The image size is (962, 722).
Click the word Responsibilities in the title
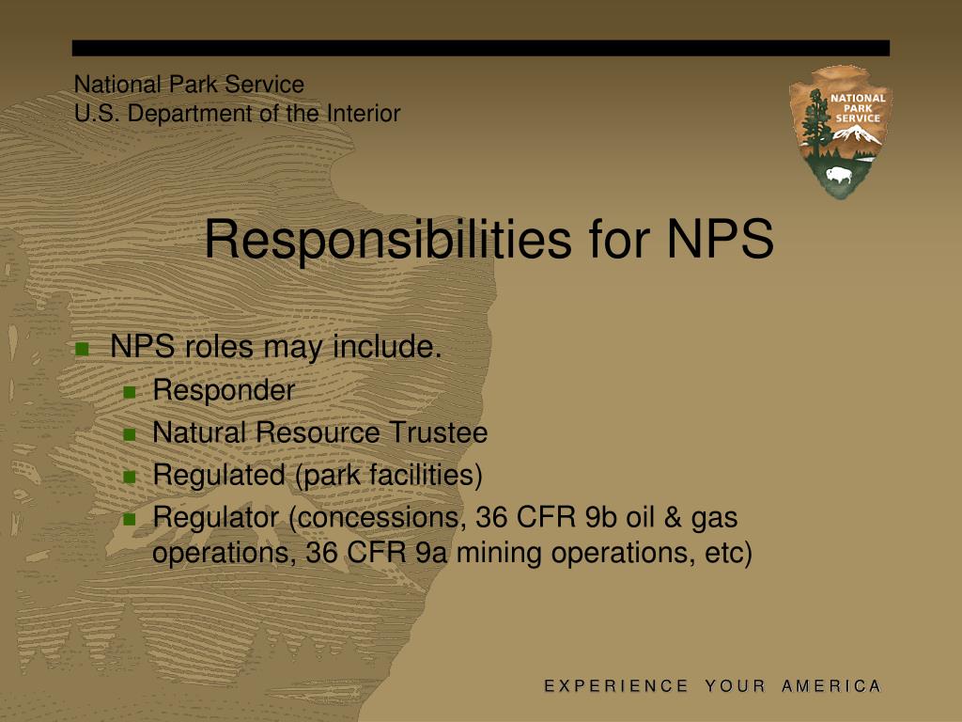[387, 239]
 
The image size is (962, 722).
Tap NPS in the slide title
[721, 239]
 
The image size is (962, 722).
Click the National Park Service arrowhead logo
[840, 131]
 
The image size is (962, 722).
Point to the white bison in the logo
[836, 175]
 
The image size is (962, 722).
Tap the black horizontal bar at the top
[481, 48]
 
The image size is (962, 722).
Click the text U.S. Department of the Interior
[237, 114]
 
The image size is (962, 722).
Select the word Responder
[224, 390]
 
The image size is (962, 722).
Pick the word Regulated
[218, 476]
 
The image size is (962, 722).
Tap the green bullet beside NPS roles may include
[82, 349]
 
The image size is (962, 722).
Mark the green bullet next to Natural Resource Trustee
[131, 434]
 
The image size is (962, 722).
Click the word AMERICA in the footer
[831, 686]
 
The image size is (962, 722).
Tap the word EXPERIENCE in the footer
[616, 686]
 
